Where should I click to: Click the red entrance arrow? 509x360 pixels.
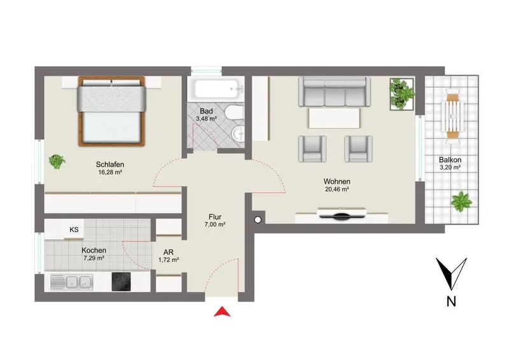[222, 311]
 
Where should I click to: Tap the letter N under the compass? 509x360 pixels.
[451, 301]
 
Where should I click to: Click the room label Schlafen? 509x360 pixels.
[110, 165]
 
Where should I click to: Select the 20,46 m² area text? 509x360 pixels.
[337, 190]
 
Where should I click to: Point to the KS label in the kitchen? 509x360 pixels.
[74, 230]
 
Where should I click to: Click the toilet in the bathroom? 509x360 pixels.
[234, 112]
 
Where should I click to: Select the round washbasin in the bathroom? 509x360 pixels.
[238, 134]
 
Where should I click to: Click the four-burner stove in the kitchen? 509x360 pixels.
[122, 281]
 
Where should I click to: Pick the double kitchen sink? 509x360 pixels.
[72, 282]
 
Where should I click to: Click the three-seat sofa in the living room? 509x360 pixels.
[335, 91]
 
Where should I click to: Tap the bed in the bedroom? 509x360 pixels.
[111, 111]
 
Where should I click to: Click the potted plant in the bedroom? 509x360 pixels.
[57, 162]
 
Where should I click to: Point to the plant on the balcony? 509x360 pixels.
[461, 202]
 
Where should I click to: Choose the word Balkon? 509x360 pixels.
[450, 160]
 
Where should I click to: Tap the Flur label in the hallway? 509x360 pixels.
[215, 217]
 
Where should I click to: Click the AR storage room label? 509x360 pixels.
[169, 253]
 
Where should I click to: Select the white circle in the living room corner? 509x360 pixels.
[258, 220]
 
